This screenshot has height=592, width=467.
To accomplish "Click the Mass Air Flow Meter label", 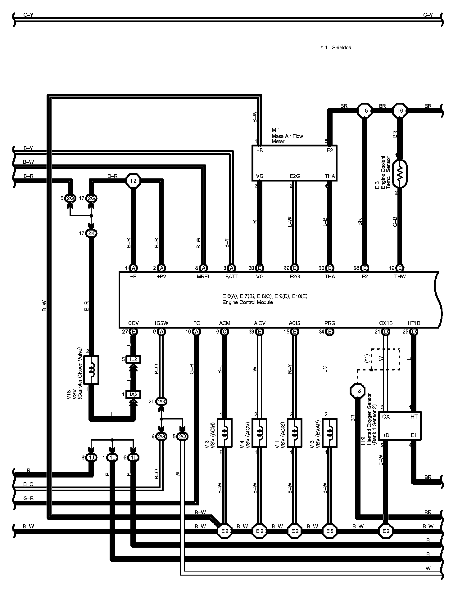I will pyautogui.click(x=287, y=136).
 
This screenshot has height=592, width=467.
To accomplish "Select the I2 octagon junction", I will pyautogui.click(x=134, y=181).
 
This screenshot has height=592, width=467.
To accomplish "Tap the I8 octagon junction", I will pyautogui.click(x=358, y=391).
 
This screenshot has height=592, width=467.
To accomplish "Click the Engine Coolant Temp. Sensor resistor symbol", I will pyautogui.click(x=400, y=174).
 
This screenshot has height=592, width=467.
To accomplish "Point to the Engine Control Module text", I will pyautogui.click(x=247, y=302).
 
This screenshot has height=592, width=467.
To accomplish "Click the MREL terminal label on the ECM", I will pyautogui.click(x=203, y=276).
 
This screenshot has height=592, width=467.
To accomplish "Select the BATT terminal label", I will pyautogui.click(x=231, y=276).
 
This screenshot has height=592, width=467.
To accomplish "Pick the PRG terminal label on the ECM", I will pyautogui.click(x=329, y=323).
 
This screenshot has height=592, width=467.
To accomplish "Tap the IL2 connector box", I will pyautogui.click(x=134, y=359).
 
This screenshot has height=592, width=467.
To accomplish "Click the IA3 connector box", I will pyautogui.click(x=134, y=395).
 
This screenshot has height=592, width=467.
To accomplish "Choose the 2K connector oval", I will pyautogui.click(x=91, y=233).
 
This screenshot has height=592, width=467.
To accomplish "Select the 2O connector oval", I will pyautogui.click(x=183, y=437).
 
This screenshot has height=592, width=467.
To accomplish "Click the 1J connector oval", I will pyautogui.click(x=91, y=457).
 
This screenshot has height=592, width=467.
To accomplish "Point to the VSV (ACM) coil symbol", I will pyautogui.click(x=224, y=433).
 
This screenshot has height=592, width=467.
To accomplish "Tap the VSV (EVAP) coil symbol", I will pyautogui.click(x=330, y=433).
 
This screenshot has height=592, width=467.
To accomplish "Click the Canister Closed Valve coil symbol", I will pyautogui.click(x=91, y=370).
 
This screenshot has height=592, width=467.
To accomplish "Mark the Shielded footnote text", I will pyautogui.click(x=336, y=47).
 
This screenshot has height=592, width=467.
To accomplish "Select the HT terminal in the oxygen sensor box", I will pyautogui.click(x=414, y=417).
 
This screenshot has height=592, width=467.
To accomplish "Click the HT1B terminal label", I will pyautogui.click(x=414, y=323).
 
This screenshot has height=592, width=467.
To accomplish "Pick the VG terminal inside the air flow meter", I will pyautogui.click(x=260, y=176).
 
